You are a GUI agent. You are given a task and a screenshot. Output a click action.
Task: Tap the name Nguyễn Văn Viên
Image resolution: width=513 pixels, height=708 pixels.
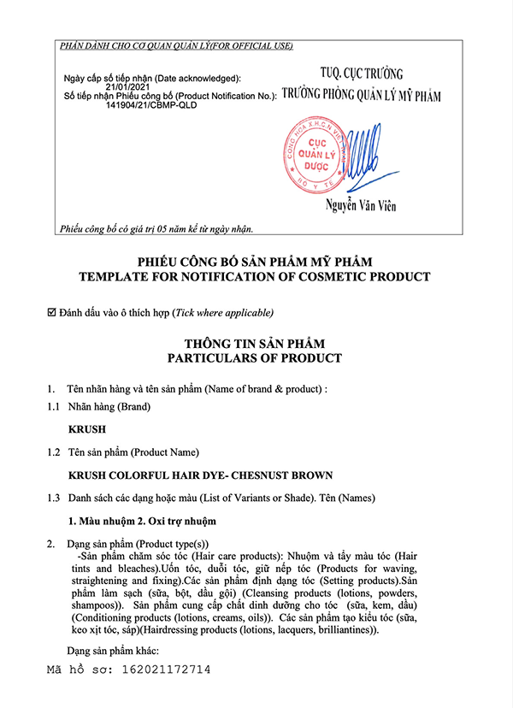[x=361, y=206]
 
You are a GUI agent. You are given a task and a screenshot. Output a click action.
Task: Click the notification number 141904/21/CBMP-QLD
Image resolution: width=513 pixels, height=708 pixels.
[x=151, y=105]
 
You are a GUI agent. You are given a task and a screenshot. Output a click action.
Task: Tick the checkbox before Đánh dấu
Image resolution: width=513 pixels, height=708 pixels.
[x=51, y=312]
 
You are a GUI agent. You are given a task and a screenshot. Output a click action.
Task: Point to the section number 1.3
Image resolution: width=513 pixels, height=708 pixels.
[x=53, y=498]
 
